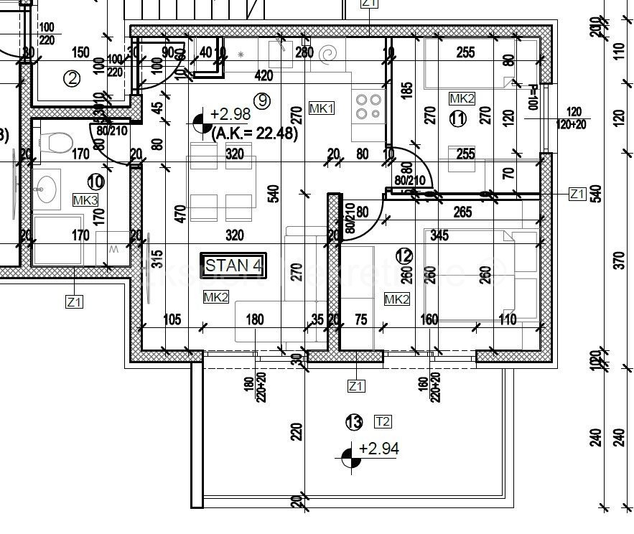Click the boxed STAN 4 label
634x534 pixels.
[x=233, y=265]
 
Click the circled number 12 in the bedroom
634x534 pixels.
[x=404, y=255]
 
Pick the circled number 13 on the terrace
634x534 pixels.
[x=353, y=422]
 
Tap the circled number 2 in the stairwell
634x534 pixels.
[x=71, y=78]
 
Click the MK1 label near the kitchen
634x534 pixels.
[x=321, y=108]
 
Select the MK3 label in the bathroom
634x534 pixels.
[x=85, y=200]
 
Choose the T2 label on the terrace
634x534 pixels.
[x=382, y=421]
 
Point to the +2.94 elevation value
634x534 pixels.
[x=378, y=449]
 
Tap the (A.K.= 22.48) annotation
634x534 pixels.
[x=254, y=131]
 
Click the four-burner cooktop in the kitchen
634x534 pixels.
[x=368, y=107]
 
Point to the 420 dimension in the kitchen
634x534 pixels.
[x=264, y=75]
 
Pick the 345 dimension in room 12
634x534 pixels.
[x=439, y=235]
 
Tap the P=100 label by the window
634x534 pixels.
[x=533, y=97]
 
